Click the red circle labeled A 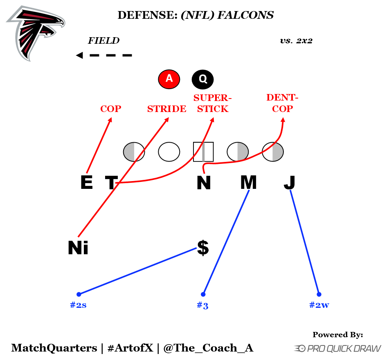coord(169,79)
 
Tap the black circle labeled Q coord(202,79)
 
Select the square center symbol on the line coord(203,152)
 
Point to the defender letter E coord(86,182)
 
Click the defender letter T coord(111,183)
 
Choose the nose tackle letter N coord(203,183)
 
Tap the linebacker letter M coord(248,182)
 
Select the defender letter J coord(289,183)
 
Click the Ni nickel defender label coord(78,248)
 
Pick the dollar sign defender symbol coord(203,247)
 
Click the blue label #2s coord(78,305)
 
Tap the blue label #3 coord(202,305)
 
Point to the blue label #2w coord(319,305)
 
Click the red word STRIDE coord(166,109)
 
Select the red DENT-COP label coord(282,103)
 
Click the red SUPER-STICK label coord(211,103)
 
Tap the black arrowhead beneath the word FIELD coord(79,55)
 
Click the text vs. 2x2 coord(296,41)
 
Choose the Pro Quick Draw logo coord(337,348)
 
